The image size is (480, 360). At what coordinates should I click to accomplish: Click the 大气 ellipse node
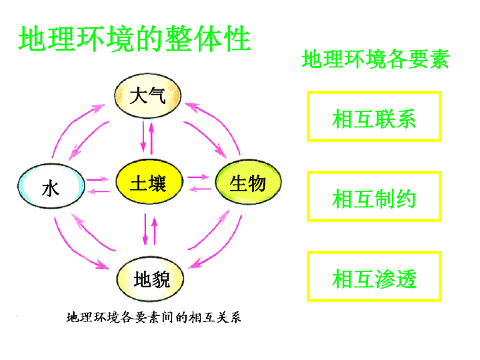tap(148, 96)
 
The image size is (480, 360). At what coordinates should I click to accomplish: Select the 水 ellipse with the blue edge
tap(51, 186)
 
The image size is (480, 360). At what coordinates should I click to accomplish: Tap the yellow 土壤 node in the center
tap(149, 181)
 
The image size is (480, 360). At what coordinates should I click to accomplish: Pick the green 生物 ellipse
tap(248, 181)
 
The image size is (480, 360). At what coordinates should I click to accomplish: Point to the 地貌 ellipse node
tap(150, 279)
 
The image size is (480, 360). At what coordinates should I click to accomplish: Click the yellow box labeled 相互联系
tap(374, 116)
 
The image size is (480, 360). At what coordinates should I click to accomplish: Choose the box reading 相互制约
tap(374, 196)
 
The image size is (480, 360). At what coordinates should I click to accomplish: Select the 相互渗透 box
tap(374, 277)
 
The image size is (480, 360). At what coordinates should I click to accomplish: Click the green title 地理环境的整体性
tap(135, 39)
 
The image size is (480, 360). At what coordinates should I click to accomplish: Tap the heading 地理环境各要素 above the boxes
tap(375, 59)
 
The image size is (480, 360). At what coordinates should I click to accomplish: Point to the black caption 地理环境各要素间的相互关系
tap(154, 317)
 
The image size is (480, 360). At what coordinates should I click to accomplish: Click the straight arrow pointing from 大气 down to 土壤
tap(143, 137)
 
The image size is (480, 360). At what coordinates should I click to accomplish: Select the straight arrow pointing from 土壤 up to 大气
tap(151, 138)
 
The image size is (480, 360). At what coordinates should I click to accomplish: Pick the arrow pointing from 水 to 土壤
tap(97, 179)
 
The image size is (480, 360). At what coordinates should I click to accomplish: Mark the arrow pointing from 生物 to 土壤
tap(199, 189)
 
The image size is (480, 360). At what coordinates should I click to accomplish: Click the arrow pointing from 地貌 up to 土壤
tap(154, 231)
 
